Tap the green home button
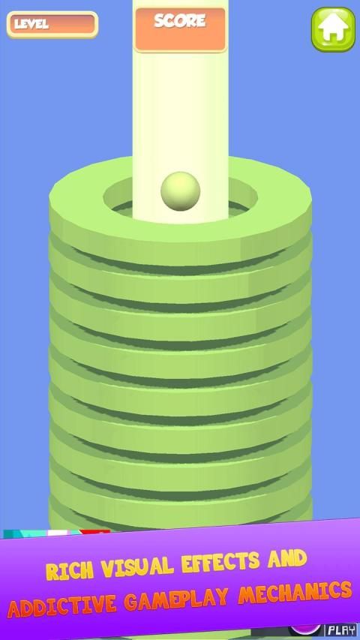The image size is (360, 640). click(333, 29)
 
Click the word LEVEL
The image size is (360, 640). click(31, 24)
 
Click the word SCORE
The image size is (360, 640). click(179, 20)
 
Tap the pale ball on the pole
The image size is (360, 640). click(181, 191)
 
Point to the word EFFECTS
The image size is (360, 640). click(221, 560)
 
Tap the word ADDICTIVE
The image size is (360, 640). click(62, 604)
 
